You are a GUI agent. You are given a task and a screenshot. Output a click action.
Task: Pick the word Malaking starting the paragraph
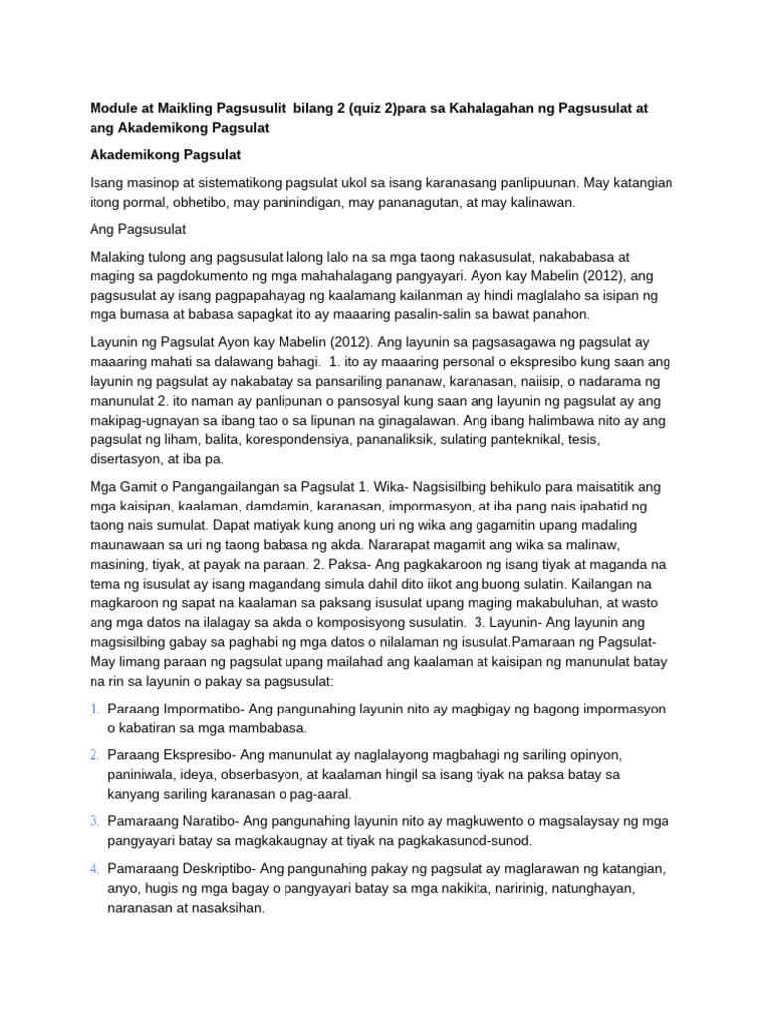(x=117, y=258)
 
